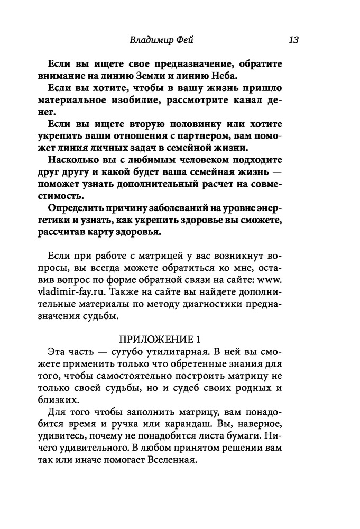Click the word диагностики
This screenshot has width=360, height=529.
point(221,303)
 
